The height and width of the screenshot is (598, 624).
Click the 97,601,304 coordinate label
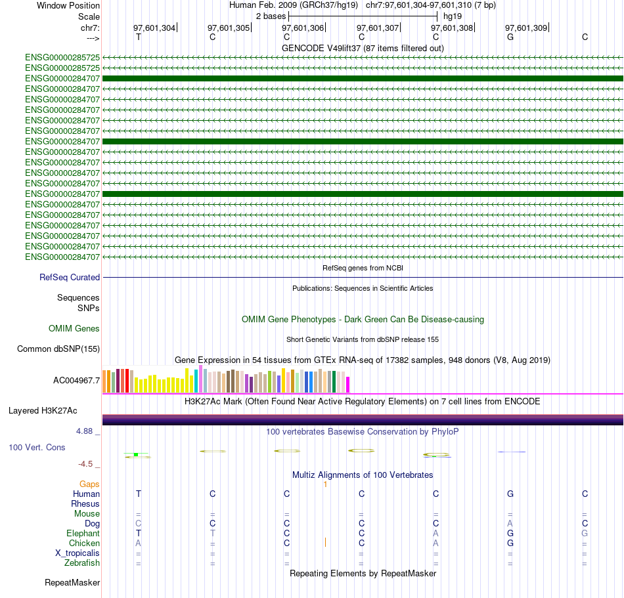pyautogui.click(x=154, y=28)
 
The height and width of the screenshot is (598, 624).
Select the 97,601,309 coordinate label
pyautogui.click(x=526, y=28)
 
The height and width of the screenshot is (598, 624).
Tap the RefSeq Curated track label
pyautogui.click(x=70, y=278)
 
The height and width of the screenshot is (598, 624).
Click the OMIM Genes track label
pyautogui.click(x=74, y=328)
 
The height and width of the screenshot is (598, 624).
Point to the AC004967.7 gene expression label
pyautogui.click(x=76, y=380)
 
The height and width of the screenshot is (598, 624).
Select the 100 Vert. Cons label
pyautogui.click(x=37, y=447)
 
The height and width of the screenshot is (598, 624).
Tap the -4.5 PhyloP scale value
pyautogui.click(x=87, y=464)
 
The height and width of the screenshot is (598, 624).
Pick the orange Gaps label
pyautogui.click(x=89, y=484)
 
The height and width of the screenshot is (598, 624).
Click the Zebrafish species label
pyautogui.click(x=82, y=563)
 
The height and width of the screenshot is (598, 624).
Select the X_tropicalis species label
pyautogui.click(x=78, y=553)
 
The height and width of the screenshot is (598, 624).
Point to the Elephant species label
pyautogui.click(x=83, y=534)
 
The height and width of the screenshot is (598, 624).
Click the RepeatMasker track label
pyautogui.click(x=72, y=582)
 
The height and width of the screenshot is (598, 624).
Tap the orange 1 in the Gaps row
pyautogui.click(x=324, y=484)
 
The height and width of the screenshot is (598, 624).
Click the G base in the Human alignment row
pyautogui.click(x=510, y=494)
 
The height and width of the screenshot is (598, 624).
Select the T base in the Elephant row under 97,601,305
pyautogui.click(x=212, y=534)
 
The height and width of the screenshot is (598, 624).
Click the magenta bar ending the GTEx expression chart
pyautogui.click(x=348, y=384)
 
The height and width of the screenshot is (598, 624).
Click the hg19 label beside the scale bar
pyautogui.click(x=453, y=16)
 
